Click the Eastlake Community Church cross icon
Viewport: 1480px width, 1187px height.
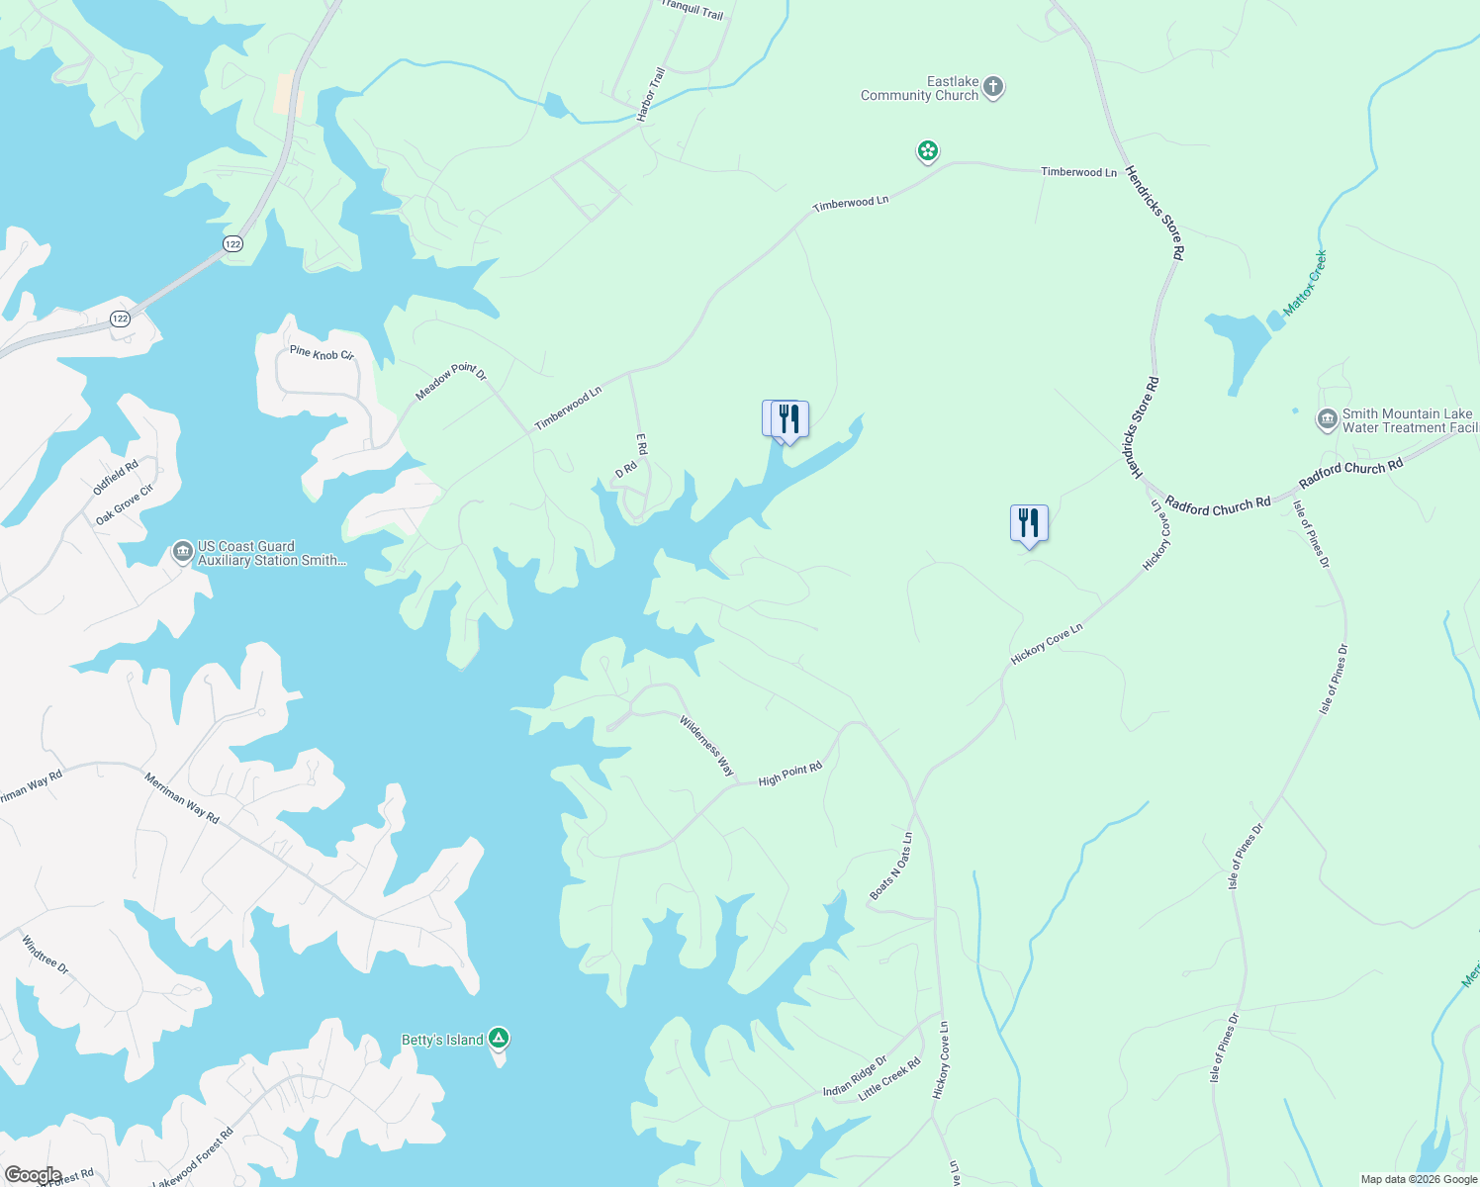pyautogui.click(x=993, y=87)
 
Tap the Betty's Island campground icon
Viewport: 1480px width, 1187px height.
pyautogui.click(x=500, y=1039)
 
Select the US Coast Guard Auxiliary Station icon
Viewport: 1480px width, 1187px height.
pyautogui.click(x=182, y=552)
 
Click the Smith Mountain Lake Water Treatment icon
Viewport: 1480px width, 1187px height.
pyautogui.click(x=1327, y=420)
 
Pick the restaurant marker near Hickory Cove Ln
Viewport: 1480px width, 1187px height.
pyautogui.click(x=1029, y=523)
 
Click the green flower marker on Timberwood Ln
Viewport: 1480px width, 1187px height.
pyautogui.click(x=927, y=151)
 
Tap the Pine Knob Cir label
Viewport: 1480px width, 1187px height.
pyautogui.click(x=322, y=353)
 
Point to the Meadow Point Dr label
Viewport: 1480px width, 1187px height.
pyautogui.click(x=451, y=382)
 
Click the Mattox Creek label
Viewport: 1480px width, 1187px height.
pyautogui.click(x=1305, y=284)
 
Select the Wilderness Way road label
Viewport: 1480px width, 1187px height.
pyautogui.click(x=707, y=746)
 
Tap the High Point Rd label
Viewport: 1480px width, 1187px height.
pyautogui.click(x=789, y=775)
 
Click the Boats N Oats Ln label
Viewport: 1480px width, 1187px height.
pyautogui.click(x=890, y=867)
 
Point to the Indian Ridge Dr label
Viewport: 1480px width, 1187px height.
pyautogui.click(x=855, y=1077)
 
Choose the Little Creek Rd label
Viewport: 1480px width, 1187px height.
pyautogui.click(x=889, y=1079)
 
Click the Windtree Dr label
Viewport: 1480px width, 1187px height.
pyautogui.click(x=46, y=955)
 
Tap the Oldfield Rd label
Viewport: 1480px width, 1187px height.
pyautogui.click(x=116, y=478)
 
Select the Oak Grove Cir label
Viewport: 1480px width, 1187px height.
pyautogui.click(x=125, y=504)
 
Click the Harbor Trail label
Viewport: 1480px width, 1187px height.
pyautogui.click(x=651, y=95)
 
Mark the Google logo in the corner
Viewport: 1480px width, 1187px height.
pyautogui.click(x=33, y=1175)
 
